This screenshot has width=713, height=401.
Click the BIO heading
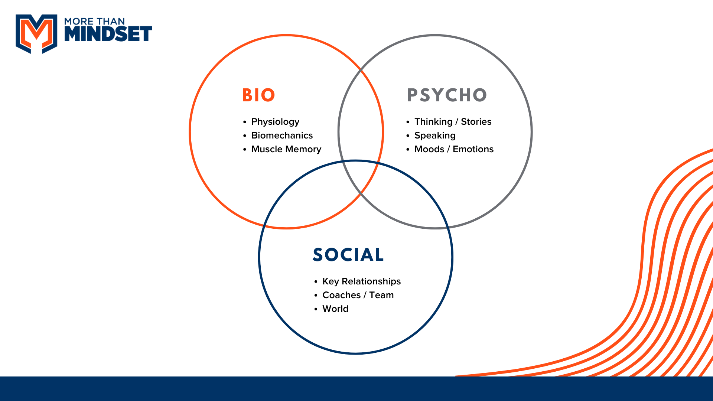[x=258, y=95]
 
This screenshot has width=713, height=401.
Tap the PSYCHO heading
[x=447, y=95]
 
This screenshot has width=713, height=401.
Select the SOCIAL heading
[x=348, y=255]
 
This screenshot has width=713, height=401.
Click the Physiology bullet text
[x=275, y=122]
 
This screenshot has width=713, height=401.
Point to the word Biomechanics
[x=282, y=136]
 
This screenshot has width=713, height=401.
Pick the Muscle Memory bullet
[x=286, y=149]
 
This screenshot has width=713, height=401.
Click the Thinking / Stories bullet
[x=453, y=122]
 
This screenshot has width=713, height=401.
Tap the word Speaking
[x=435, y=136]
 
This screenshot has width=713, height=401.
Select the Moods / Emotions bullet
[x=454, y=149]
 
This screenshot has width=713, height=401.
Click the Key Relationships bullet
[x=361, y=281]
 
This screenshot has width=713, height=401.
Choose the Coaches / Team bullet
[x=358, y=295]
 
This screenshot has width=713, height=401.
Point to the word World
[x=335, y=309]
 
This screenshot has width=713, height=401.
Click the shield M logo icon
[x=36, y=33]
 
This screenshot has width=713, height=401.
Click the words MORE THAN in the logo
[x=94, y=21]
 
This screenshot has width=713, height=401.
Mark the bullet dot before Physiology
[x=245, y=122]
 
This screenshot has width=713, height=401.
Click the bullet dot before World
[x=316, y=309]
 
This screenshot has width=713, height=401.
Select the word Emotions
[x=473, y=149]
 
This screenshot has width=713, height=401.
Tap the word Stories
[x=476, y=122]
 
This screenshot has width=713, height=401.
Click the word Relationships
[x=371, y=281]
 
